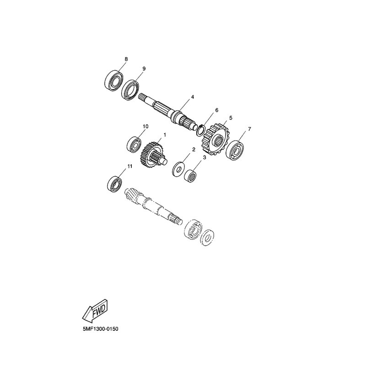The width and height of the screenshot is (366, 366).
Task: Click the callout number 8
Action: [x=126, y=59]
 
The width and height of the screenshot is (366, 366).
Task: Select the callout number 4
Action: [x=193, y=97]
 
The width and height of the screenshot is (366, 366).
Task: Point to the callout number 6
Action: [x=216, y=110]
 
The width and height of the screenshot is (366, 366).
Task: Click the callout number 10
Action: [x=145, y=126]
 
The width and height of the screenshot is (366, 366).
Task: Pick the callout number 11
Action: [x=130, y=167]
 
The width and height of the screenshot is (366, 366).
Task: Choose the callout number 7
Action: [x=249, y=129]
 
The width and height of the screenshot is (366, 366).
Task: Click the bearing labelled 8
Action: [x=113, y=81]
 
